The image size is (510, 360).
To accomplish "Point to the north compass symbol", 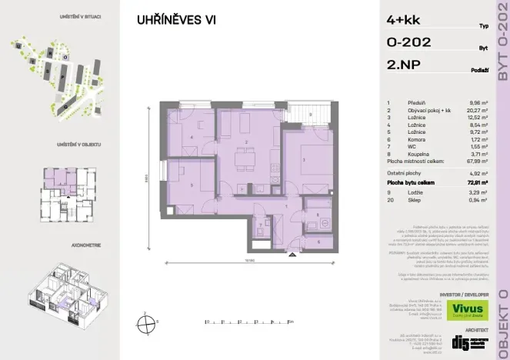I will [145, 322].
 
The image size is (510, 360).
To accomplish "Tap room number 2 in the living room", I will [245, 142].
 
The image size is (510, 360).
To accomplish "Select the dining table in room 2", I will [245, 160].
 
